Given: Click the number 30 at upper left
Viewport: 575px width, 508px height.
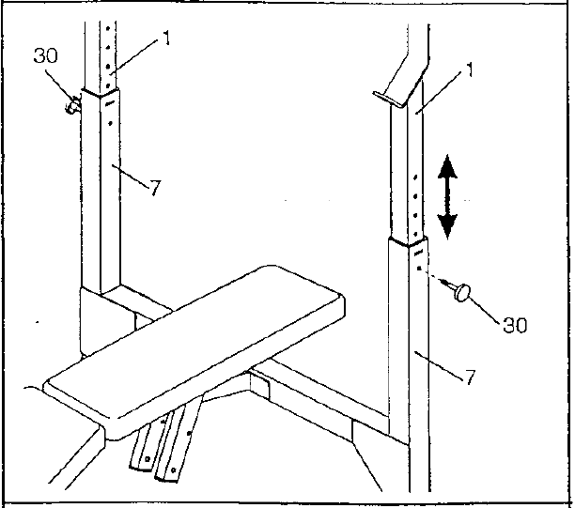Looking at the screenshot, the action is click(45, 55).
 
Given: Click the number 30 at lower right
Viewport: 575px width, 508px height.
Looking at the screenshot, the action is click(515, 325).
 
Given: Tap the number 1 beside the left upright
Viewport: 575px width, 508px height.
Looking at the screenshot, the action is click(166, 38).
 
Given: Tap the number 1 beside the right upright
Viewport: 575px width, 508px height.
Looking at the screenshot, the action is click(470, 69).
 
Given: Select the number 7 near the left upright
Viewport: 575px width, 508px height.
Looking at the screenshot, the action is click(155, 188).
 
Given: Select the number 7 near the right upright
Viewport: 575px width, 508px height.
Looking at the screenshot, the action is click(470, 377).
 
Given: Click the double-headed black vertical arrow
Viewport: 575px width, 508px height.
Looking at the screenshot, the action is click(447, 197).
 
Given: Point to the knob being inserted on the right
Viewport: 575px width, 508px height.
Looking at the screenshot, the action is click(459, 291).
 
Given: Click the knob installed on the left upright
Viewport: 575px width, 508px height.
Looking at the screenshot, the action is click(72, 105).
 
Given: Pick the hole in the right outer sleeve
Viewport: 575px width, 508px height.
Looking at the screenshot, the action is click(419, 269).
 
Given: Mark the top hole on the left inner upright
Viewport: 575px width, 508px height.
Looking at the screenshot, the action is click(108, 27).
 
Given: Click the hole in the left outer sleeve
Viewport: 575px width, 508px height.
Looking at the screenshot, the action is click(110, 124).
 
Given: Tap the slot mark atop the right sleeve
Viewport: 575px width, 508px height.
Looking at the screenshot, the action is click(418, 253).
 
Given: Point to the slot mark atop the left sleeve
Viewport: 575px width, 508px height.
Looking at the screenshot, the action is click(110, 103).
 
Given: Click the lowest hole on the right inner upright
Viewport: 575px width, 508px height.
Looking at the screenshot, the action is click(415, 234).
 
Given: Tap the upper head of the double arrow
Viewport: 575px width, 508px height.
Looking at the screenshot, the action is click(447, 167).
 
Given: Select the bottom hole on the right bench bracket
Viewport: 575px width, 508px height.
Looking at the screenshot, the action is click(174, 470).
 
